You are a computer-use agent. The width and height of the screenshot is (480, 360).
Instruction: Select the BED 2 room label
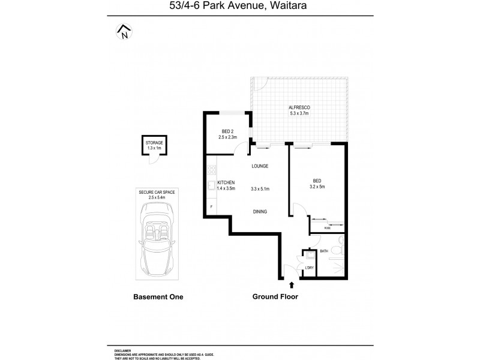click(227, 131)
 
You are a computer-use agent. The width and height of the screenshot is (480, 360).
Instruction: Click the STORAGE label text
click(154, 143)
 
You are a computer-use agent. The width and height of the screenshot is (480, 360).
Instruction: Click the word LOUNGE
click(260, 166)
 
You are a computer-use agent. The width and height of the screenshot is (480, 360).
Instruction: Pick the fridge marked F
click(211, 207)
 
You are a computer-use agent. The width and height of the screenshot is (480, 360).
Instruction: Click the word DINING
click(260, 211)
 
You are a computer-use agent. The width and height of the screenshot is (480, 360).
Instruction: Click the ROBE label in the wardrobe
click(328, 228)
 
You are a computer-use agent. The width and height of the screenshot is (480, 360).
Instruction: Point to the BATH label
click(324, 251)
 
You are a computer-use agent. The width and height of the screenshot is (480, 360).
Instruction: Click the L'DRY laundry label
click(310, 268)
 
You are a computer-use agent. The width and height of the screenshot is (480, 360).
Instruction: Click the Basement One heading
click(157, 297)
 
